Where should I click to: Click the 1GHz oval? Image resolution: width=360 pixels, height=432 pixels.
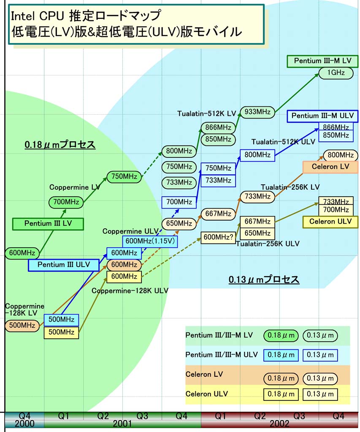click(336, 73)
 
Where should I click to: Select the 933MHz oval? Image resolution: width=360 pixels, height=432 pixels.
click(257, 112)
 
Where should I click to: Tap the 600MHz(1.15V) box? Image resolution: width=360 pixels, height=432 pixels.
click(151, 241)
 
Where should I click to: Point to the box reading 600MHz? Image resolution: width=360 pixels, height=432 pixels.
click(218, 238)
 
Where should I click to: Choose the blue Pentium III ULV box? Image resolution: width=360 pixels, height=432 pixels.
click(64, 265)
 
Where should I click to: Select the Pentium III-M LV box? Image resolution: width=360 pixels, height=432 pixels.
click(322, 61)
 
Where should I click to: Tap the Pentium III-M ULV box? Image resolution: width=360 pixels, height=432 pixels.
click(322, 116)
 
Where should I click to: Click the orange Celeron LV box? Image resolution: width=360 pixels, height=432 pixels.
click(330, 167)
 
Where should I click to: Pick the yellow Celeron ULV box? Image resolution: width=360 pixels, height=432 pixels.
click(330, 221)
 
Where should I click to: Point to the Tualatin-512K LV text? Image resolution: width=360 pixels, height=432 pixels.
click(207, 113)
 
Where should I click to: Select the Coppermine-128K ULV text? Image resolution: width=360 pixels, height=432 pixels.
click(130, 291)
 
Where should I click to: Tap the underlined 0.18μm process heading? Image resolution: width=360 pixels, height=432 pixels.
click(60, 145)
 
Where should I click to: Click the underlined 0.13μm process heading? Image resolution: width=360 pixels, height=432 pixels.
click(264, 279)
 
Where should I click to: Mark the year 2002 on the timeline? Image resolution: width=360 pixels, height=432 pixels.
click(279, 424)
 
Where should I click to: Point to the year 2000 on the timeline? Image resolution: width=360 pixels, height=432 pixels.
click(24, 424)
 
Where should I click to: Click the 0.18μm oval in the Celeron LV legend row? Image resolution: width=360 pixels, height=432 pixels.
click(281, 378)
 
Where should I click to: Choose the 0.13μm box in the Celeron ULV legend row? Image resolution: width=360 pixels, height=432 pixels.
click(320, 394)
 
